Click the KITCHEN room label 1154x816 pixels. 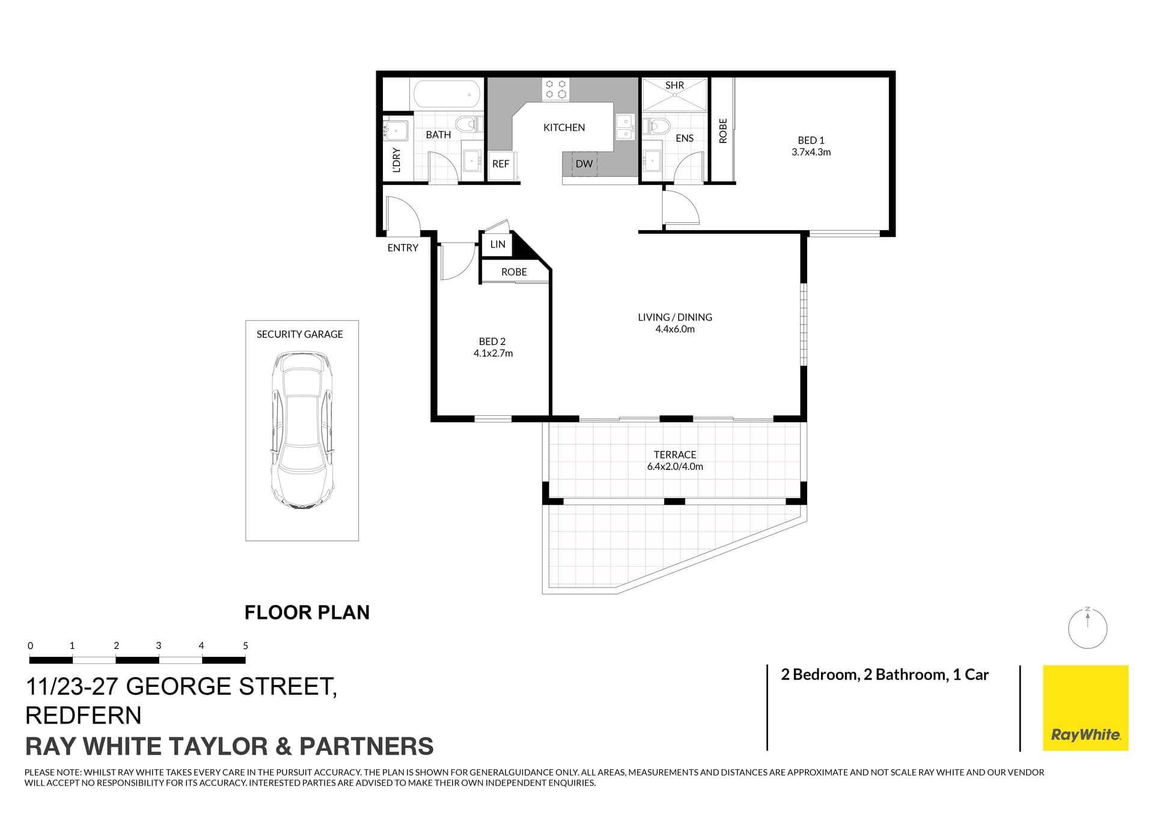[x=564, y=127]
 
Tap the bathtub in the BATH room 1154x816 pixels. [x=446, y=94]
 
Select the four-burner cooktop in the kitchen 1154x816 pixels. [x=555, y=90]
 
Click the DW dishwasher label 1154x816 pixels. [x=584, y=163]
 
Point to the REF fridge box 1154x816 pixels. [x=501, y=164]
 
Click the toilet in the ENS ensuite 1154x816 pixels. [x=658, y=126]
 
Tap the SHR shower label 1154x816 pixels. [x=674, y=85]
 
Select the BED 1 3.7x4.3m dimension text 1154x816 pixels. [x=811, y=153]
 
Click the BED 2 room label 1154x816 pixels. [x=492, y=341]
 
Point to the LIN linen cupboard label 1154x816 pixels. [x=498, y=245]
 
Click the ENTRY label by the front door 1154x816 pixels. [x=403, y=248]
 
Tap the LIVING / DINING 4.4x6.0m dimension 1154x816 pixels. [x=675, y=329]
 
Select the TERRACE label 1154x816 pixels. [x=675, y=455]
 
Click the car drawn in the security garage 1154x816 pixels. [x=302, y=431]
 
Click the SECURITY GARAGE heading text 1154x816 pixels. [x=299, y=334]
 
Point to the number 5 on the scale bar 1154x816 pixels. [x=245, y=646]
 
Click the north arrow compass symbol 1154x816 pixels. [x=1087, y=629]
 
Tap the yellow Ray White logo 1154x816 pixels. [x=1085, y=707]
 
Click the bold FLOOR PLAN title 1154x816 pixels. [x=307, y=612]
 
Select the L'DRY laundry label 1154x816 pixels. [x=396, y=160]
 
